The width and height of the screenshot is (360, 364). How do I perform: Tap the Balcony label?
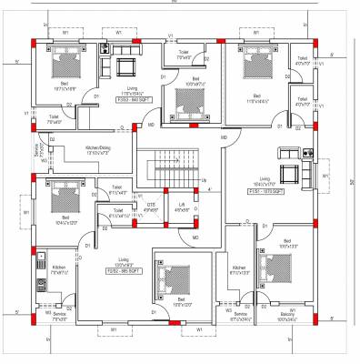point(271,314)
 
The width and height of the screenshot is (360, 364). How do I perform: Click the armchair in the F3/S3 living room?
point(124,66)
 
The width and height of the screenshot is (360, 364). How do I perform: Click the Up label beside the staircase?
point(204,179)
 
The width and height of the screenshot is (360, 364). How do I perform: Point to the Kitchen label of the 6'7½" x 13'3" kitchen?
point(239,267)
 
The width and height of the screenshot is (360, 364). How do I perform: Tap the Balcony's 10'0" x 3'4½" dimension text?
point(271,319)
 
